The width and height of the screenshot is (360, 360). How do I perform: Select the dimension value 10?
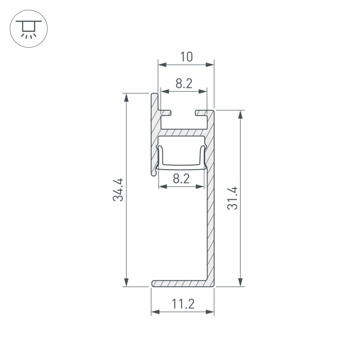(x=186, y=57)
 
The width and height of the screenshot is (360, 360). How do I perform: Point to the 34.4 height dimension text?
(x=118, y=190)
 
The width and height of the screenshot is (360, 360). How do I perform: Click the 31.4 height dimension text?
(x=233, y=198)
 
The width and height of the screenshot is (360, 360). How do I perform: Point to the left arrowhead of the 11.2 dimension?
(x=154, y=311)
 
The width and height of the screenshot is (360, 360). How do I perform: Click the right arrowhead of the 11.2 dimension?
(x=210, y=311)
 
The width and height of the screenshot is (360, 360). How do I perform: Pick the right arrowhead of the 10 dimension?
(x=210, y=65)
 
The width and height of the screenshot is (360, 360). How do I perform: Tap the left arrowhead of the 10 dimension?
(x=161, y=65)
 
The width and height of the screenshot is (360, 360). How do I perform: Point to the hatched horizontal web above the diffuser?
(x=184, y=134)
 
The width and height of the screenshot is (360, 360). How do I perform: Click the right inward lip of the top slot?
(x=200, y=111)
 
